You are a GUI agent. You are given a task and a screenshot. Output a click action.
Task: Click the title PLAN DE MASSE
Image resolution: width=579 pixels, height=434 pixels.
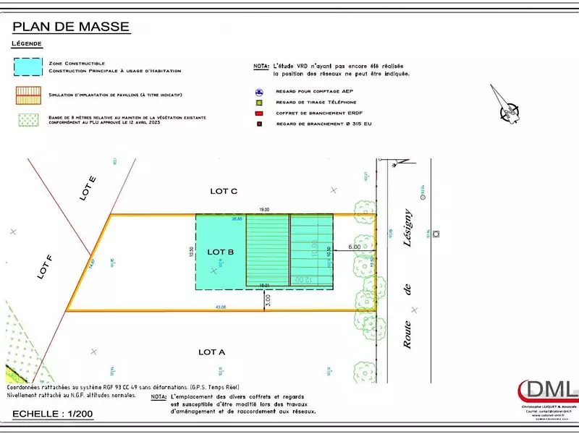[71, 27]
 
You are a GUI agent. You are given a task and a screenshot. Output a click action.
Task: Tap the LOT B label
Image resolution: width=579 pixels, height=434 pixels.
[221, 252]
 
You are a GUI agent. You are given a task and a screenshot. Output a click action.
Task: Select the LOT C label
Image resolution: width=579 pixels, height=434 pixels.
[224, 191]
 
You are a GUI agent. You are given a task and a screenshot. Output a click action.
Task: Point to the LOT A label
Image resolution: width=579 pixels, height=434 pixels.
[213, 352]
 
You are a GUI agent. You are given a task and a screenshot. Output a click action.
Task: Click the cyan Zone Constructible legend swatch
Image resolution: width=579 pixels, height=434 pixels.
[28, 67]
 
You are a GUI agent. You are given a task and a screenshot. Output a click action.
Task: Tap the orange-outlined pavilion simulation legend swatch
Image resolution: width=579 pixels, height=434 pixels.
[28, 95]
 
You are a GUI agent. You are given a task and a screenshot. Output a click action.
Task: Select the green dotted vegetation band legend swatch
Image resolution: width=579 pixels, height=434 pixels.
[28, 119]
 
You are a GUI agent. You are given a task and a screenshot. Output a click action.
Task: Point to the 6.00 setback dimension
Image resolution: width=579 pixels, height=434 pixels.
[354, 247]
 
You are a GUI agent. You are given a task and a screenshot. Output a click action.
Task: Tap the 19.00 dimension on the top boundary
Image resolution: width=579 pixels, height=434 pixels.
[264, 209]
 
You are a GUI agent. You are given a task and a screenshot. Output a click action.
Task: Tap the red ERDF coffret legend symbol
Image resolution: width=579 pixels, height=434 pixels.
[258, 113]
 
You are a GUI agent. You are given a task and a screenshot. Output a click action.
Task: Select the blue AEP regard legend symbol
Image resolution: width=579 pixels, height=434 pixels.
[258, 92]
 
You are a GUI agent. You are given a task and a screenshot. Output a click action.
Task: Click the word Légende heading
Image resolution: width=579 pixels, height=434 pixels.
[27, 44]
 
